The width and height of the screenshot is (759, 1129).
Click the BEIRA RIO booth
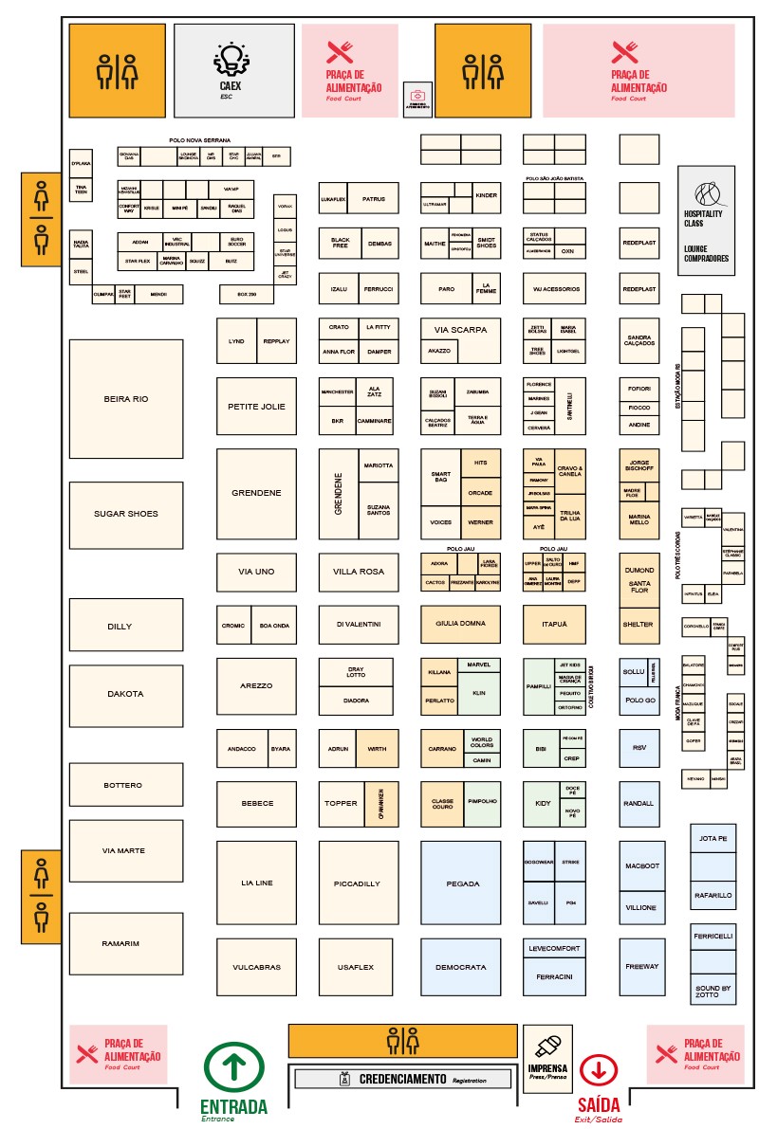pyautogui.click(x=126, y=399)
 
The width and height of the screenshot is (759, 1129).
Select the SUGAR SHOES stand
pyautogui.click(x=126, y=514)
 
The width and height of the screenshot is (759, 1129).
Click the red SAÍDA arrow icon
pyautogui.click(x=599, y=1070)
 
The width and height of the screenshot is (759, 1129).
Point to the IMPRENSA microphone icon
pyautogui.click(x=546, y=1047)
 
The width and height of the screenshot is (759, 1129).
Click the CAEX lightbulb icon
pyautogui.click(x=231, y=60)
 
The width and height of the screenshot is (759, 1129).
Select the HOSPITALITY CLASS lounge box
pyautogui.click(x=706, y=221)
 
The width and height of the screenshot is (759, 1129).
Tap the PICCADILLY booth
pyautogui.click(x=357, y=883)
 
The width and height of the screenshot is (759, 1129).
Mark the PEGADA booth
pyautogui.click(x=461, y=883)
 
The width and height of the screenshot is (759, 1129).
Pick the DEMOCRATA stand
pyautogui.click(x=461, y=967)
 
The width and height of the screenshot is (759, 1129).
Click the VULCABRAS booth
pyautogui.click(x=255, y=967)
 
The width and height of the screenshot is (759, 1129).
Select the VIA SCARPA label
pyautogui.click(x=461, y=330)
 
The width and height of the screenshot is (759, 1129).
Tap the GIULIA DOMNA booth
pyautogui.click(x=461, y=624)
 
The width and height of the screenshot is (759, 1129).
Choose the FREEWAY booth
pyautogui.click(x=641, y=967)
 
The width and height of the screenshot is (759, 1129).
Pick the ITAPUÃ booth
pyautogui.click(x=554, y=624)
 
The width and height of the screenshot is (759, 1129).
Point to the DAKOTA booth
pyautogui.click(x=126, y=694)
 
